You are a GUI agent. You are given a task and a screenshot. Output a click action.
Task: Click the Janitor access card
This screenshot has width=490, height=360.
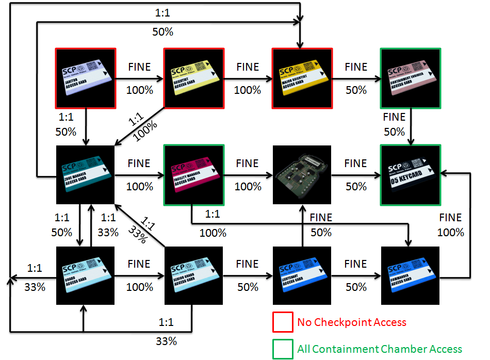tap(86, 78)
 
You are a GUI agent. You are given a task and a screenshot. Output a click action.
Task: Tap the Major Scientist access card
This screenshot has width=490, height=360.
tap(302, 78)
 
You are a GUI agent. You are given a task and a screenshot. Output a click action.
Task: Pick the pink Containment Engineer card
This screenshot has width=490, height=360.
tap(410, 78)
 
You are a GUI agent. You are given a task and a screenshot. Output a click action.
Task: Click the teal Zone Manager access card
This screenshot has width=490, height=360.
tap(86, 175)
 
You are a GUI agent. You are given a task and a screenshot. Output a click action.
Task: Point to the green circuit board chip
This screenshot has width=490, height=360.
tap(302, 175)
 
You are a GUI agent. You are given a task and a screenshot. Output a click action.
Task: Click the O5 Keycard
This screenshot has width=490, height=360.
tap(410, 175)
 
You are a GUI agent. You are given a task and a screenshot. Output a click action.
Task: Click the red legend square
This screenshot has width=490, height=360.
tap(282, 322)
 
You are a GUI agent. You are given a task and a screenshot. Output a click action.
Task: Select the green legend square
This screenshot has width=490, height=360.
tap(282, 349)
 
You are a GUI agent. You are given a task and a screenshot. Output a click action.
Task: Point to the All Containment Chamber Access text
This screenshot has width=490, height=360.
tap(380, 349)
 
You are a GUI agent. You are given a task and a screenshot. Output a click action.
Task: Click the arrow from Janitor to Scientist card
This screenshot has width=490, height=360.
tap(139, 79)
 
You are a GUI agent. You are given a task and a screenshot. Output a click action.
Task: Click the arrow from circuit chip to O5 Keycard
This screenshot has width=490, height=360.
tap(356, 175)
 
